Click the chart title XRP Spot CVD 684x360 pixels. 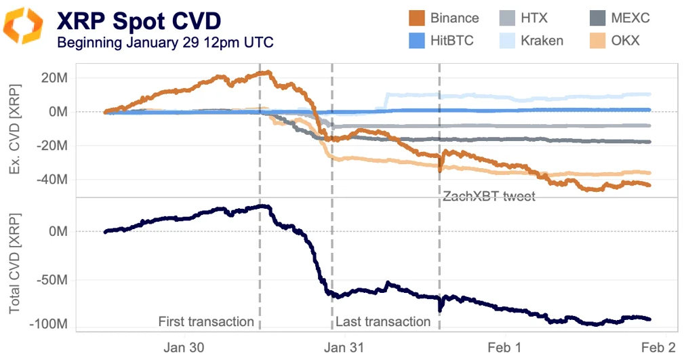click(138, 20)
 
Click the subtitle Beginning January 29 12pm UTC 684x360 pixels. click(165, 42)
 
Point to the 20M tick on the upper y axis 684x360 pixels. click(56, 78)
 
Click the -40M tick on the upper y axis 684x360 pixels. click(54, 180)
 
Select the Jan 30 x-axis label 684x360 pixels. click(184, 347)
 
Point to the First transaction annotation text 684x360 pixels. click(205, 321)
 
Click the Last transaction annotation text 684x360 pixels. click(383, 321)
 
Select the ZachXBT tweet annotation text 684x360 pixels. click(489, 197)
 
